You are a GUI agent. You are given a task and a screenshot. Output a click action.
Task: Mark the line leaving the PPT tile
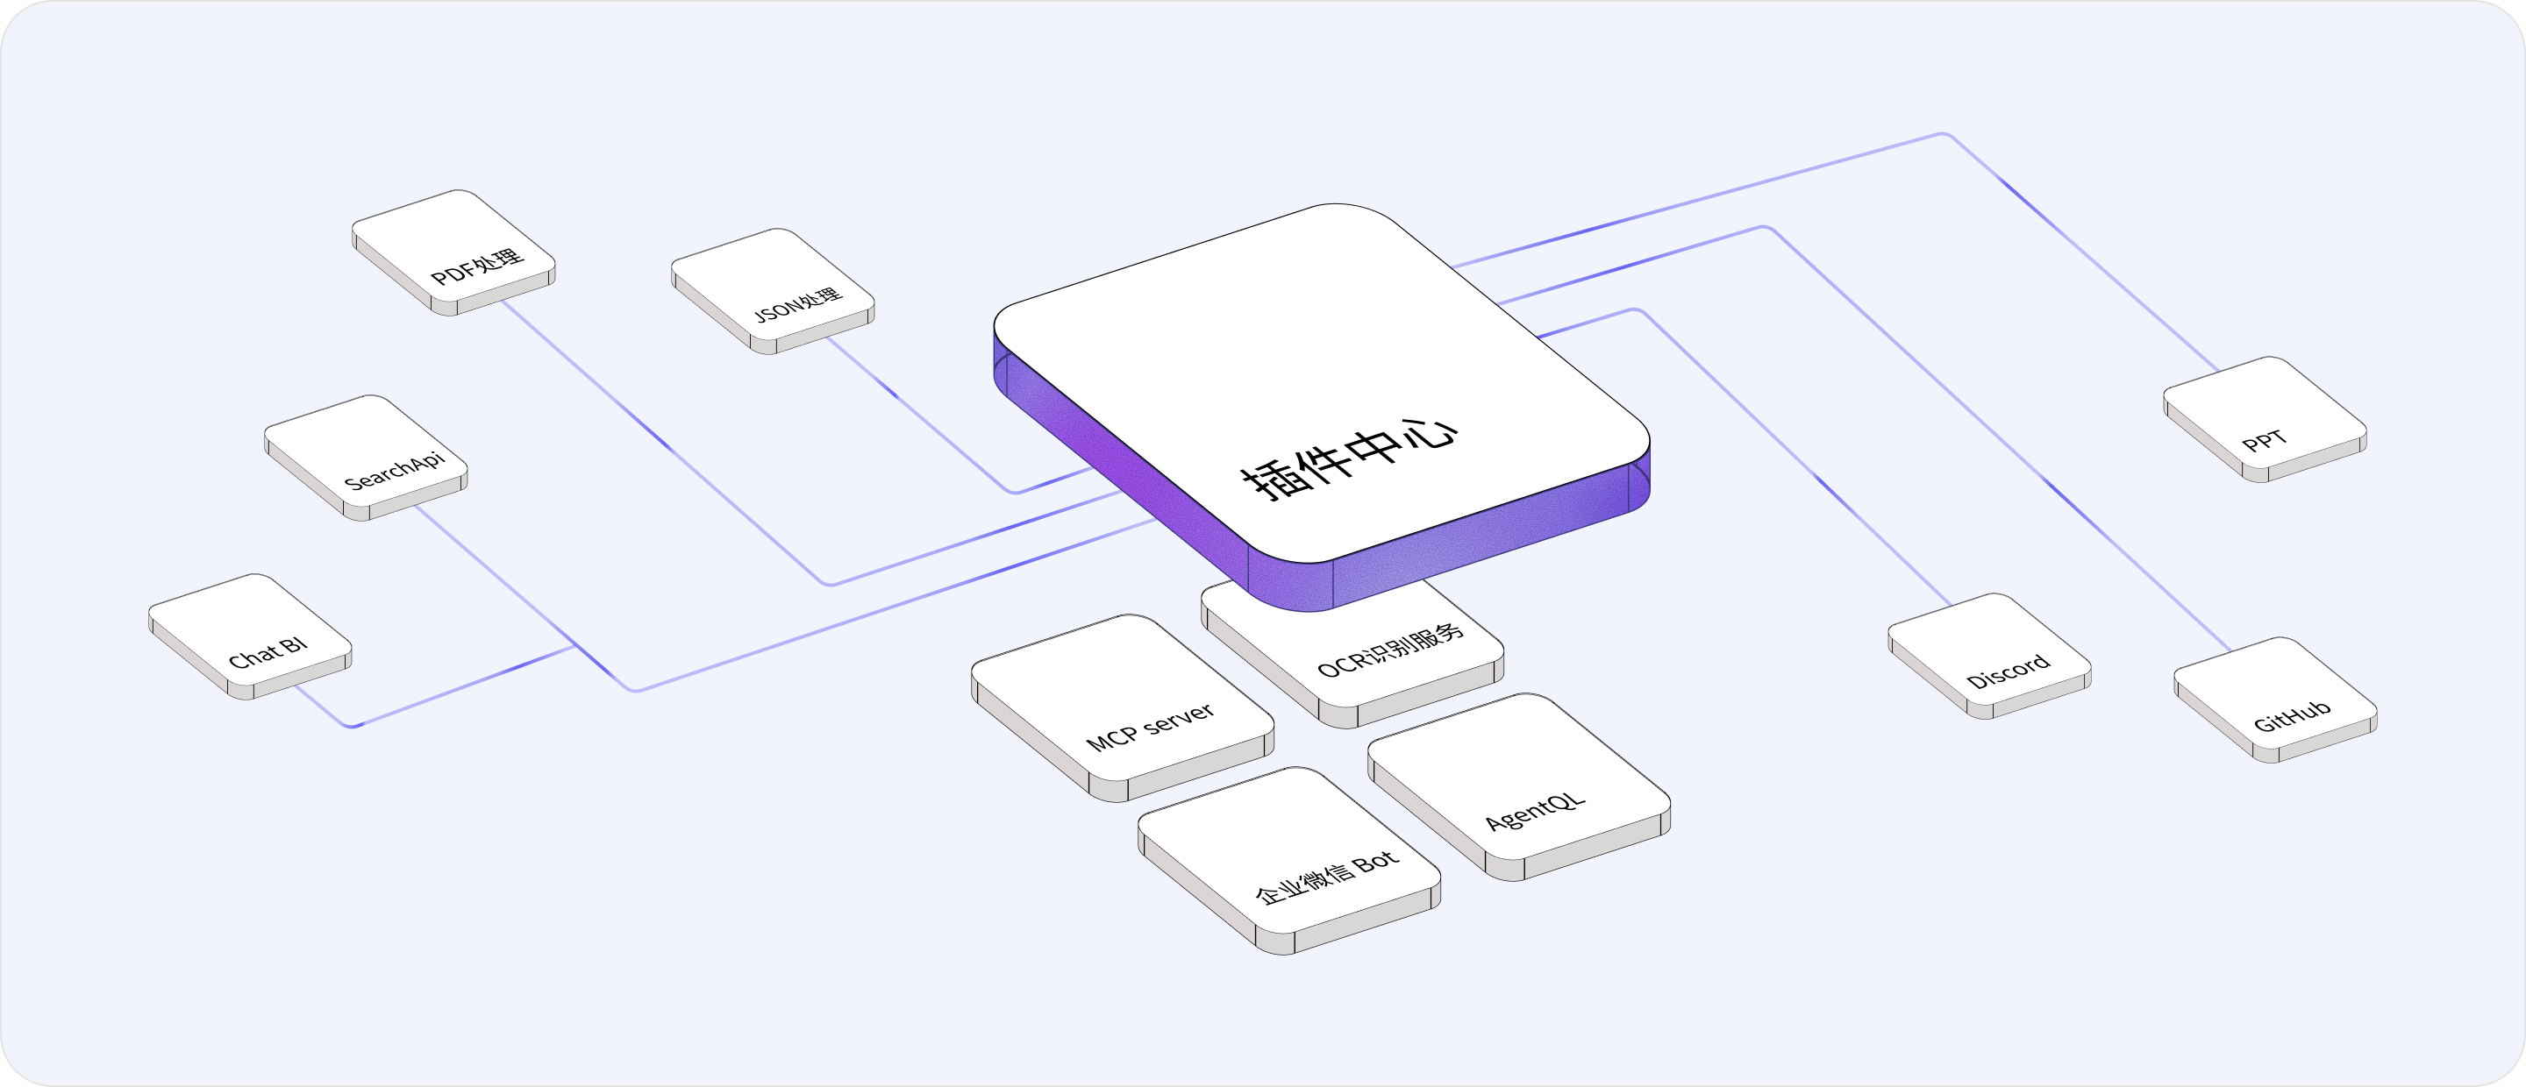point(2079,250)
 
